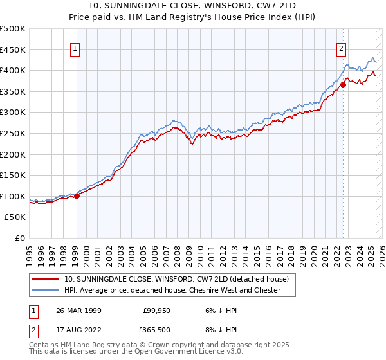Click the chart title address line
pyautogui.click(x=193, y=6)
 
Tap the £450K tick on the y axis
pyautogui.click(x=13, y=50)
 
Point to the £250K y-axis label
pyautogui.click(x=13, y=133)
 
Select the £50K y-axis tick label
pyautogui.click(x=15, y=217)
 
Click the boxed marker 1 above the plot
pyautogui.click(x=76, y=47)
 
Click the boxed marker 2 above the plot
pyautogui.click(x=341, y=47)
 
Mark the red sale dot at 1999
pyautogui.click(x=77, y=196)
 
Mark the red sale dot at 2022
pyautogui.click(x=343, y=85)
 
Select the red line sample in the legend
pyautogui.click(x=46, y=279)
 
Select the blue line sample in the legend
pyautogui.click(x=46, y=290)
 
